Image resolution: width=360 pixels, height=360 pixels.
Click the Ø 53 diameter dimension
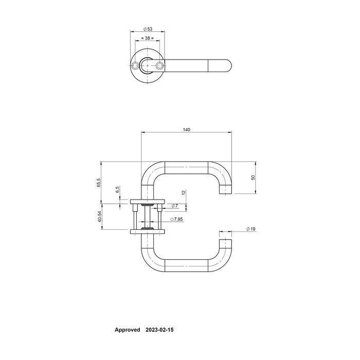pos(148,29)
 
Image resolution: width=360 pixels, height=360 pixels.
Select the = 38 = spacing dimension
pos(148,39)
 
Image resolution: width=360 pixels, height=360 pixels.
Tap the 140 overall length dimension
pos(186,130)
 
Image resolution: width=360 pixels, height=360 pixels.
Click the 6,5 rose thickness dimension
pos(117,190)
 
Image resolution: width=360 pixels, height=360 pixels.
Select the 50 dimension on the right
pos(253,177)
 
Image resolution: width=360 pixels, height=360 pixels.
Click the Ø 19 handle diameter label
pos(250,228)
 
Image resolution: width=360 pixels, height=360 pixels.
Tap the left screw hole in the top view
pos(135,66)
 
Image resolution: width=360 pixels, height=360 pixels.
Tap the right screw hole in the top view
pos(160,66)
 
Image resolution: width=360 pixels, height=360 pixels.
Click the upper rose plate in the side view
pos(148,201)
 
